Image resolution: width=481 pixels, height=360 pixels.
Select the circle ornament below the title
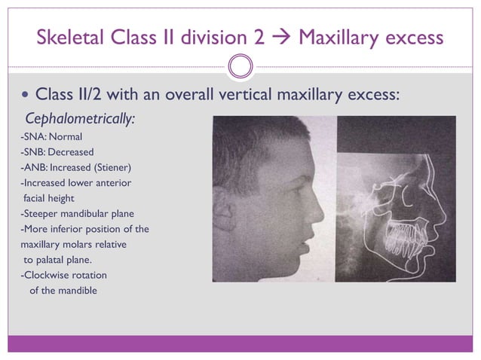[x=240, y=66]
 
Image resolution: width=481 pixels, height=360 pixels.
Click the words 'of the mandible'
[x=63, y=290]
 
